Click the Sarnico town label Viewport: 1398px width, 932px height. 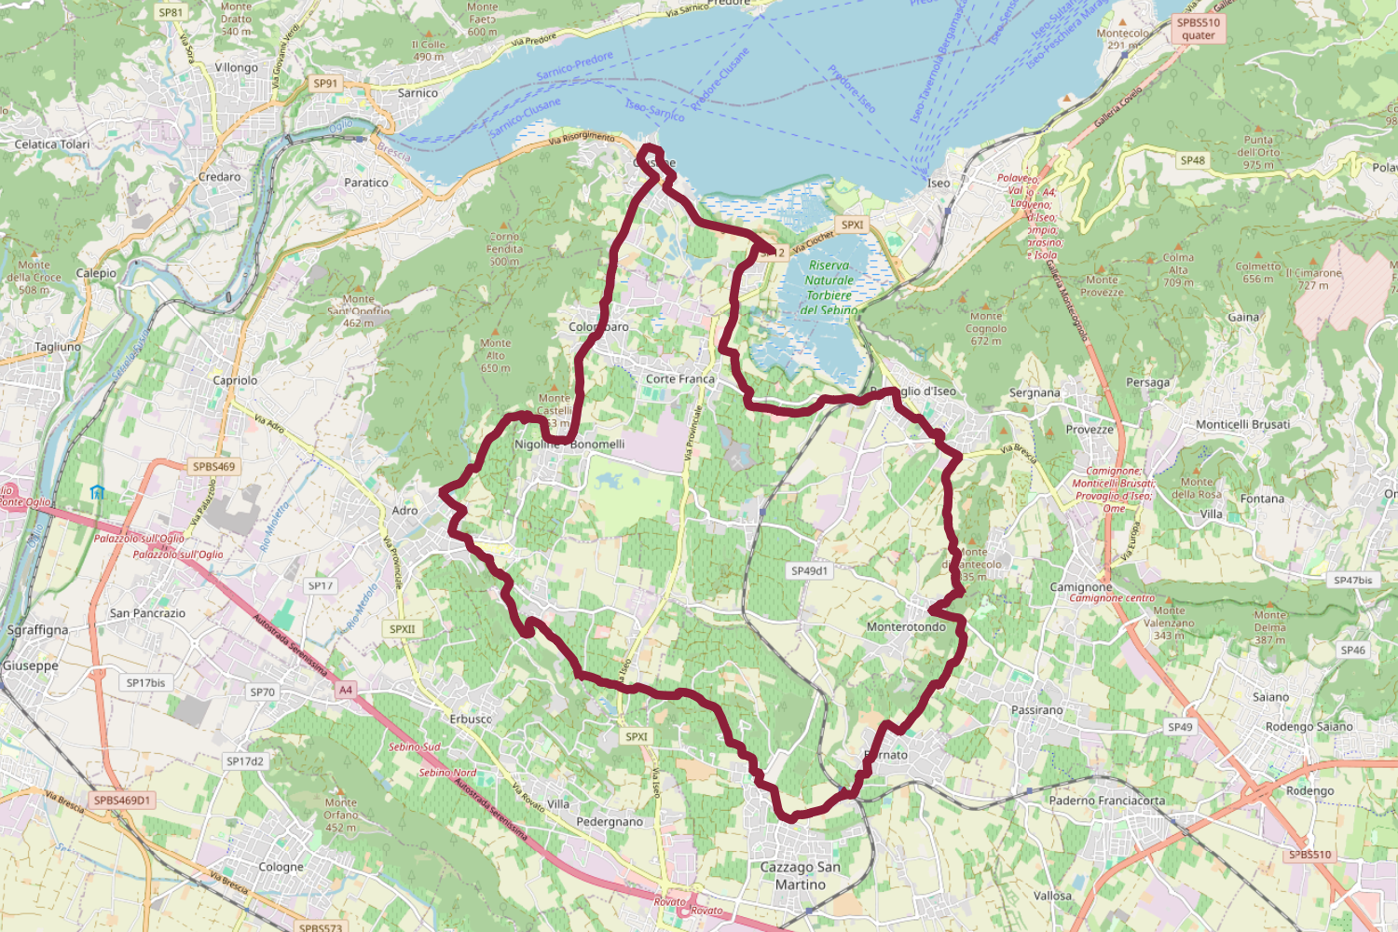coord(418,93)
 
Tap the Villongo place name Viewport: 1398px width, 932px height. coord(236,68)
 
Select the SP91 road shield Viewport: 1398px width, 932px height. coord(325,84)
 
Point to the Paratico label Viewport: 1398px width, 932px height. coord(366,183)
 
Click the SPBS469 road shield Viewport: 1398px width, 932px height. coord(213,467)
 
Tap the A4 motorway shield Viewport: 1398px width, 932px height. coord(346,690)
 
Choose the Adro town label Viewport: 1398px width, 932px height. coord(404,511)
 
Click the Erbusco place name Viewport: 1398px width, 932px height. coord(471,720)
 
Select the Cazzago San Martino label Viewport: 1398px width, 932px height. coord(800,876)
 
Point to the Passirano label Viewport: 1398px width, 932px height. coord(1036,710)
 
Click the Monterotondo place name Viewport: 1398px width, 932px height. coord(906,627)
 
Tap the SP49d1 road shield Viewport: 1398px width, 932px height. coord(809,570)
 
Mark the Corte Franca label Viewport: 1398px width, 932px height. coord(680,379)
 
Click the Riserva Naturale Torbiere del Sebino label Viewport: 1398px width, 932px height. coord(829,288)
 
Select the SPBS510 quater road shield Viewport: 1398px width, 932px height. coord(1198,29)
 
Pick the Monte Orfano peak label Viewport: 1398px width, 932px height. coord(341,815)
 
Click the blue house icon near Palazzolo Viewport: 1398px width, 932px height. coord(98,492)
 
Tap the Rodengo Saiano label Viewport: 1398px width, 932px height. coord(1309,727)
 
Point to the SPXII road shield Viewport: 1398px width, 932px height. coord(403,629)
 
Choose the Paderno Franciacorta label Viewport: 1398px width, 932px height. coord(1106,801)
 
